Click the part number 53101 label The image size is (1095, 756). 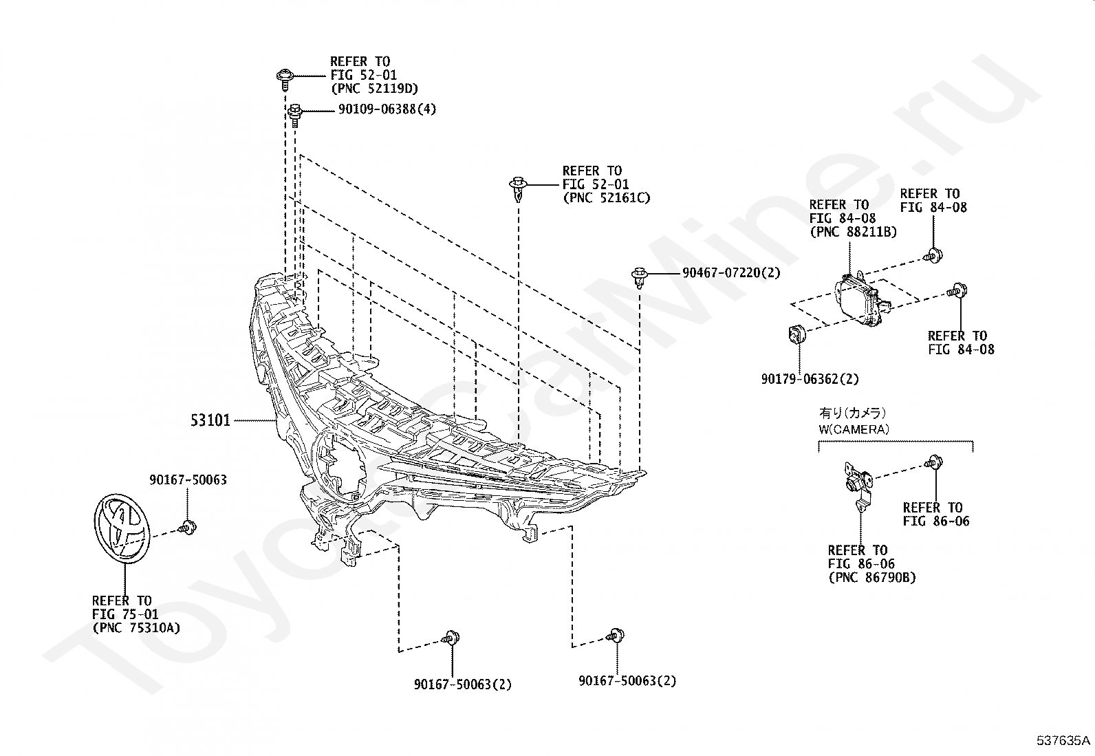[x=210, y=420]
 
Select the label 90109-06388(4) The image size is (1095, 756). [x=387, y=109]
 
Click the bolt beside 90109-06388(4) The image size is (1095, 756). [x=294, y=115]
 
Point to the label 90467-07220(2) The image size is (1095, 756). [x=731, y=272]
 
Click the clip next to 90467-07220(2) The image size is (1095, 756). [x=640, y=277]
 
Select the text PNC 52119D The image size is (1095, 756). [x=375, y=89]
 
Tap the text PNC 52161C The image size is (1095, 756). [x=607, y=197]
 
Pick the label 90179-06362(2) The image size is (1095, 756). [x=810, y=379]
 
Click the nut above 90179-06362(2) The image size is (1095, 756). [x=796, y=334]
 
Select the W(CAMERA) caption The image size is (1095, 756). [x=854, y=429]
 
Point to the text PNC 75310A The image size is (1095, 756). [x=137, y=627]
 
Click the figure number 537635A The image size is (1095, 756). [x=1064, y=740]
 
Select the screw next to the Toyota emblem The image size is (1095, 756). [x=187, y=528]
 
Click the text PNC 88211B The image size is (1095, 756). [x=854, y=232]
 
